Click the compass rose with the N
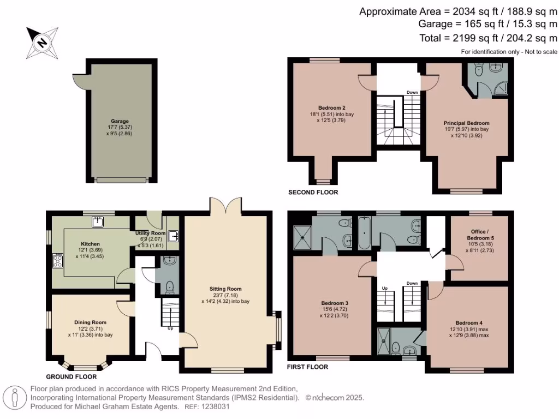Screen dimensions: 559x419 tap(42, 43)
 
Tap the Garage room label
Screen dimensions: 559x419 tap(120, 121)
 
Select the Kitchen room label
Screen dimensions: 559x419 tap(90, 244)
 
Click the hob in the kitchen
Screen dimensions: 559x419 tap(58, 260)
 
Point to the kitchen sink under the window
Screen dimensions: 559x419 tap(97, 222)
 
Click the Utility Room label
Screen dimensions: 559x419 tap(151, 233)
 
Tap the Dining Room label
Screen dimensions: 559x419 tap(90, 322)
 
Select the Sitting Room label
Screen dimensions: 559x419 tap(225, 289)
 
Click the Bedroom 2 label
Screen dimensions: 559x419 tap(331, 108)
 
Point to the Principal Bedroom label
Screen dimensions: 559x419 tap(466, 123)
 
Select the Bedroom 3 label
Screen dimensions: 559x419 tap(335, 303)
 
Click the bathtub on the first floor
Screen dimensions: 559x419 tap(364, 232)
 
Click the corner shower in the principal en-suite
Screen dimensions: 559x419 tap(501, 88)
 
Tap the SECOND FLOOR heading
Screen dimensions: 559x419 tap(313, 193)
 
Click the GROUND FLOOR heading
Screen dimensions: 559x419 tap(72, 377)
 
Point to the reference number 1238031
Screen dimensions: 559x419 tap(215, 406)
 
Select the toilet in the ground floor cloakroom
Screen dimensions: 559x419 tap(170, 287)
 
